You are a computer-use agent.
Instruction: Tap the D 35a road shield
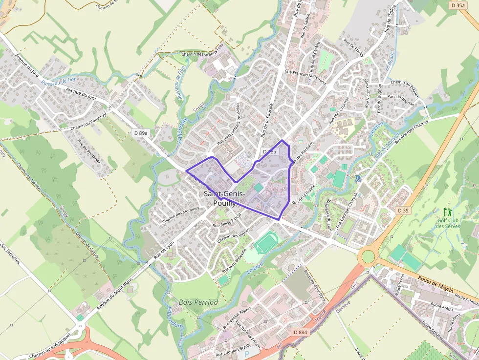tap(458, 5)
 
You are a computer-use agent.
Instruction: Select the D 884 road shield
tap(301, 332)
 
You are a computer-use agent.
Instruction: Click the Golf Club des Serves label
tap(448, 223)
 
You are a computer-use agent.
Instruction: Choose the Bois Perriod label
tap(198, 302)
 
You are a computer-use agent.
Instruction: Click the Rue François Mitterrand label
tap(305, 77)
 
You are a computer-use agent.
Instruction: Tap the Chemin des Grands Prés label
tap(202, 54)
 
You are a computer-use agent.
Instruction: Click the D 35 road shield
tap(402, 210)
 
